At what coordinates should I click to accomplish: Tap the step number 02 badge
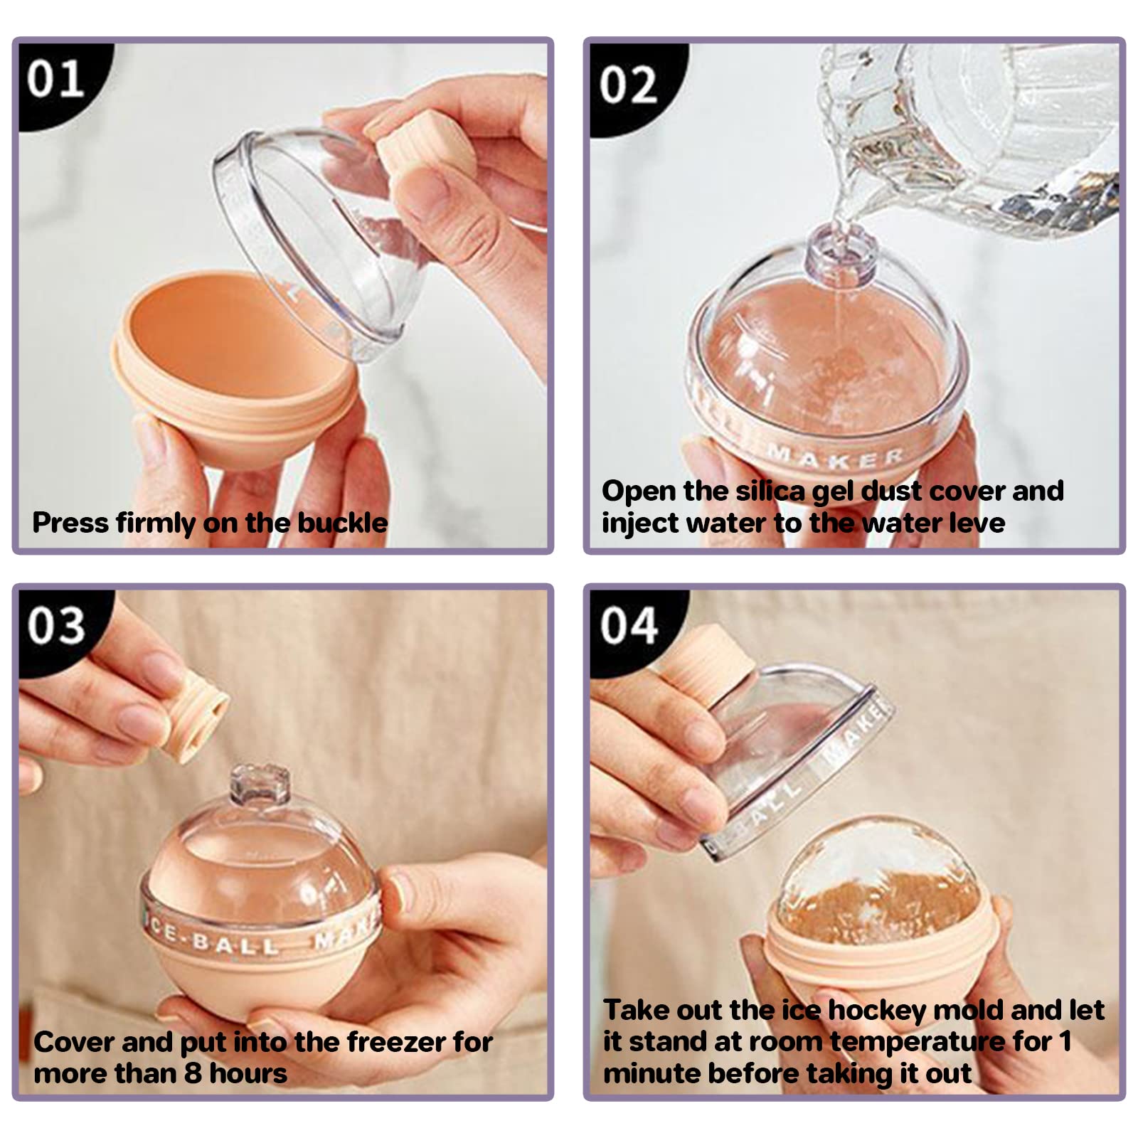tap(627, 85)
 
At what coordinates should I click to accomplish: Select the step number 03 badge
tap(56, 625)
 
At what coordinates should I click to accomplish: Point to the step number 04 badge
tap(628, 626)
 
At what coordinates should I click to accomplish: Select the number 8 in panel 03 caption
tap(192, 1073)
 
